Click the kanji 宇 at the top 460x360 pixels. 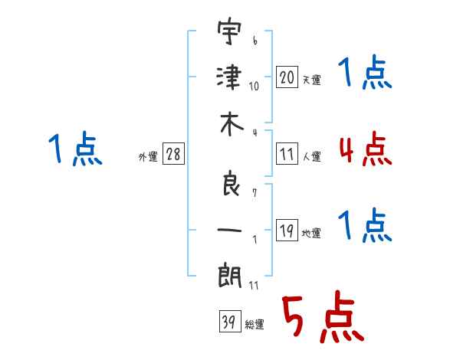pyautogui.click(x=229, y=31)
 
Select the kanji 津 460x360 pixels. pyautogui.click(x=229, y=77)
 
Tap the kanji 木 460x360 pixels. pyautogui.click(x=232, y=124)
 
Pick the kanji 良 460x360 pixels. pyautogui.click(x=231, y=183)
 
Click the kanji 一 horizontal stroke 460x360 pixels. pyautogui.click(x=229, y=230)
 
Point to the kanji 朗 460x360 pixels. pyautogui.click(x=230, y=275)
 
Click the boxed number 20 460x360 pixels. pyautogui.click(x=287, y=77)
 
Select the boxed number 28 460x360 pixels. pyautogui.click(x=173, y=153)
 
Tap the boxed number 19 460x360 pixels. pyautogui.click(x=287, y=230)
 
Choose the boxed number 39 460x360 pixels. pyautogui.click(x=230, y=321)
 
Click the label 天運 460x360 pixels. pyautogui.click(x=311, y=80)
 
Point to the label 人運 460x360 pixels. pyautogui.click(x=312, y=156)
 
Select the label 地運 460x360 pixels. pyautogui.click(x=311, y=234)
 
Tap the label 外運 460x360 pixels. pyautogui.click(x=148, y=157)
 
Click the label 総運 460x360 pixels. pyautogui.click(x=255, y=325)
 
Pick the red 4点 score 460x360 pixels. pyautogui.click(x=366, y=149)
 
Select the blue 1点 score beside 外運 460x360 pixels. pyautogui.click(x=75, y=149)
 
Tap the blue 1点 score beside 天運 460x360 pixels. pyautogui.click(x=365, y=71)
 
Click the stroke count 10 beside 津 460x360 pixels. pyautogui.click(x=254, y=87)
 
